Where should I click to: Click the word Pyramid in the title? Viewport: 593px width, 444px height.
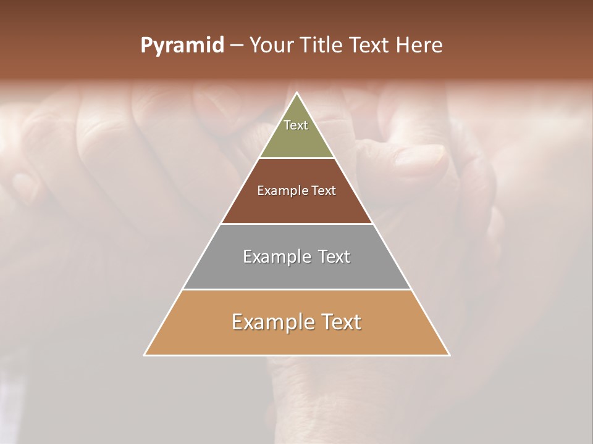coord(182,46)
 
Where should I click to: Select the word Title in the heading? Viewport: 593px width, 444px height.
coord(322,46)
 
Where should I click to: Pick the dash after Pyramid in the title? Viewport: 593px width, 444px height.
coord(237,46)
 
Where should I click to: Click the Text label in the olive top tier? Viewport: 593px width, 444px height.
coord(296,125)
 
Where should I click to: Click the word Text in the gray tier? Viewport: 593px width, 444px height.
coord(334,257)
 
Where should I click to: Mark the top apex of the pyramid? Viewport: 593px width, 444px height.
coord(297,93)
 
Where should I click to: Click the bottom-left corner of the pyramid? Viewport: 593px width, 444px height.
coord(145,355)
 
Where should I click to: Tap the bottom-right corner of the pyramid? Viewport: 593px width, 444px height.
coord(449,355)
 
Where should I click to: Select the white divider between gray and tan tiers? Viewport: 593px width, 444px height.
coord(296,289)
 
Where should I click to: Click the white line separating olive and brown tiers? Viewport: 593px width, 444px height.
coord(296,158)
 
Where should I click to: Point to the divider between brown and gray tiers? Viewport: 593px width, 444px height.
coord(296,224)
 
